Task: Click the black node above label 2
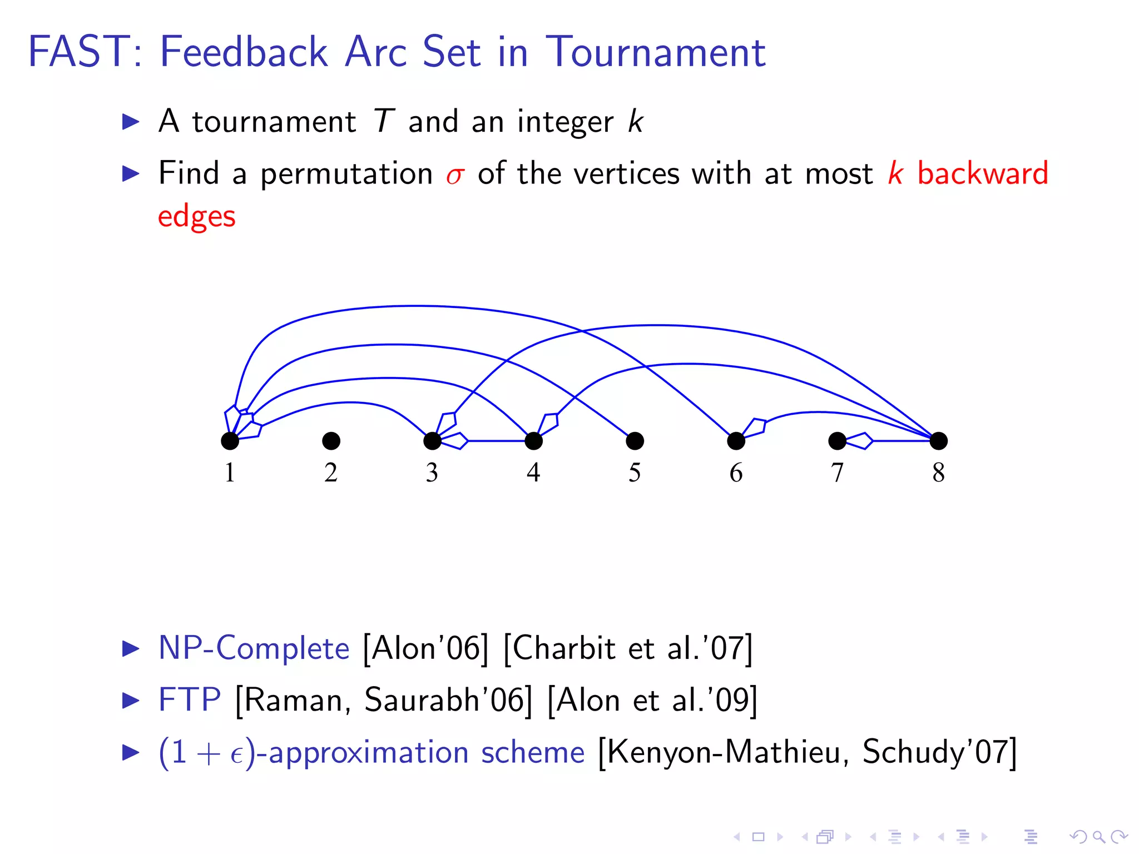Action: point(331,441)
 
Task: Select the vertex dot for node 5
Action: point(635,441)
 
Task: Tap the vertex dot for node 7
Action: point(837,441)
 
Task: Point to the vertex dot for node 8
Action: point(938,441)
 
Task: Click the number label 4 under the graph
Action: point(533,473)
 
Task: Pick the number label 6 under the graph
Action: point(736,473)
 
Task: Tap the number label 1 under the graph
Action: point(230,473)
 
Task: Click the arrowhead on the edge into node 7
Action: point(860,441)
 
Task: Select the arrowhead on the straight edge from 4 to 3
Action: point(455,441)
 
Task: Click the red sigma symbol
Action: point(454,175)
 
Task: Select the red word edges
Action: point(196,217)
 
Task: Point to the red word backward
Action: point(982,173)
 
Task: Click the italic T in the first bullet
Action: point(383,121)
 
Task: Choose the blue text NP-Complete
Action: point(254,648)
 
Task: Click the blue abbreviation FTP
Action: point(190,699)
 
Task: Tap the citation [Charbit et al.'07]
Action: point(628,648)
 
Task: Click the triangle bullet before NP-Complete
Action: point(131,648)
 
